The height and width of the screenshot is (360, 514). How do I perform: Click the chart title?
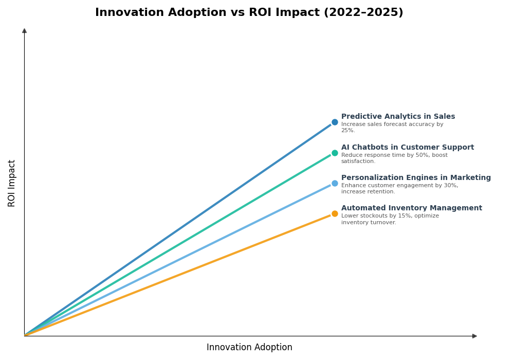(x=249, y=13)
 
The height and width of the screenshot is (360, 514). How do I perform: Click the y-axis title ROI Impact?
(x=12, y=183)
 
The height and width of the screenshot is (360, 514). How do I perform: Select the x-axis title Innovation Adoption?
(x=249, y=348)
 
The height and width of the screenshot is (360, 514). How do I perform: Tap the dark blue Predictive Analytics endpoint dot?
(x=335, y=122)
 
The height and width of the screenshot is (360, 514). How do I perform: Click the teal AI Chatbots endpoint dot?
(x=335, y=153)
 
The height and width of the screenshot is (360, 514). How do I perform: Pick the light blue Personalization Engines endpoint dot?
(x=335, y=183)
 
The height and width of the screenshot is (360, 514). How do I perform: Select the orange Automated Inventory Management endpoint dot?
(x=335, y=214)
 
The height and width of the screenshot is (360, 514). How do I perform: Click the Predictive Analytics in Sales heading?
(x=398, y=117)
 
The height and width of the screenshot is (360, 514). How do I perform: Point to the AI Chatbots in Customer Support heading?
(x=407, y=148)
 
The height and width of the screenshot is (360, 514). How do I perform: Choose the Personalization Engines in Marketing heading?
(x=416, y=178)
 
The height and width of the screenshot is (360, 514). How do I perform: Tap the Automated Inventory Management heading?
(x=411, y=208)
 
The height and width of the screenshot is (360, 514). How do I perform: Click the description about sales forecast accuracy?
(x=392, y=127)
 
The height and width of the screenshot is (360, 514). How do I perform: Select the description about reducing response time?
(x=394, y=158)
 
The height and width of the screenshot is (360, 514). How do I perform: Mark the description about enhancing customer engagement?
(x=399, y=189)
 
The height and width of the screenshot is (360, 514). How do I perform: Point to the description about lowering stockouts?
(x=390, y=219)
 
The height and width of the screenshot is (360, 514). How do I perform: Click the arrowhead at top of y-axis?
(x=24, y=31)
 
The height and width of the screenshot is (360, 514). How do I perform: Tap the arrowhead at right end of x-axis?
(x=474, y=336)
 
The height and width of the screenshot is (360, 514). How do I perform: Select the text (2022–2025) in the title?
(x=363, y=13)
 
